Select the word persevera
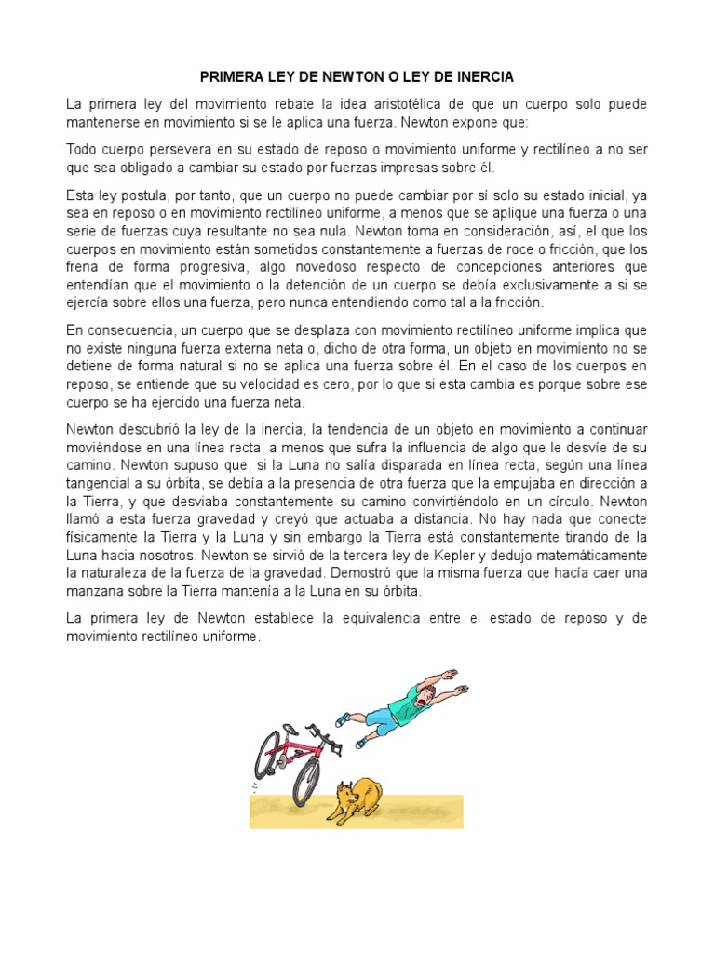click(185, 150)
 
